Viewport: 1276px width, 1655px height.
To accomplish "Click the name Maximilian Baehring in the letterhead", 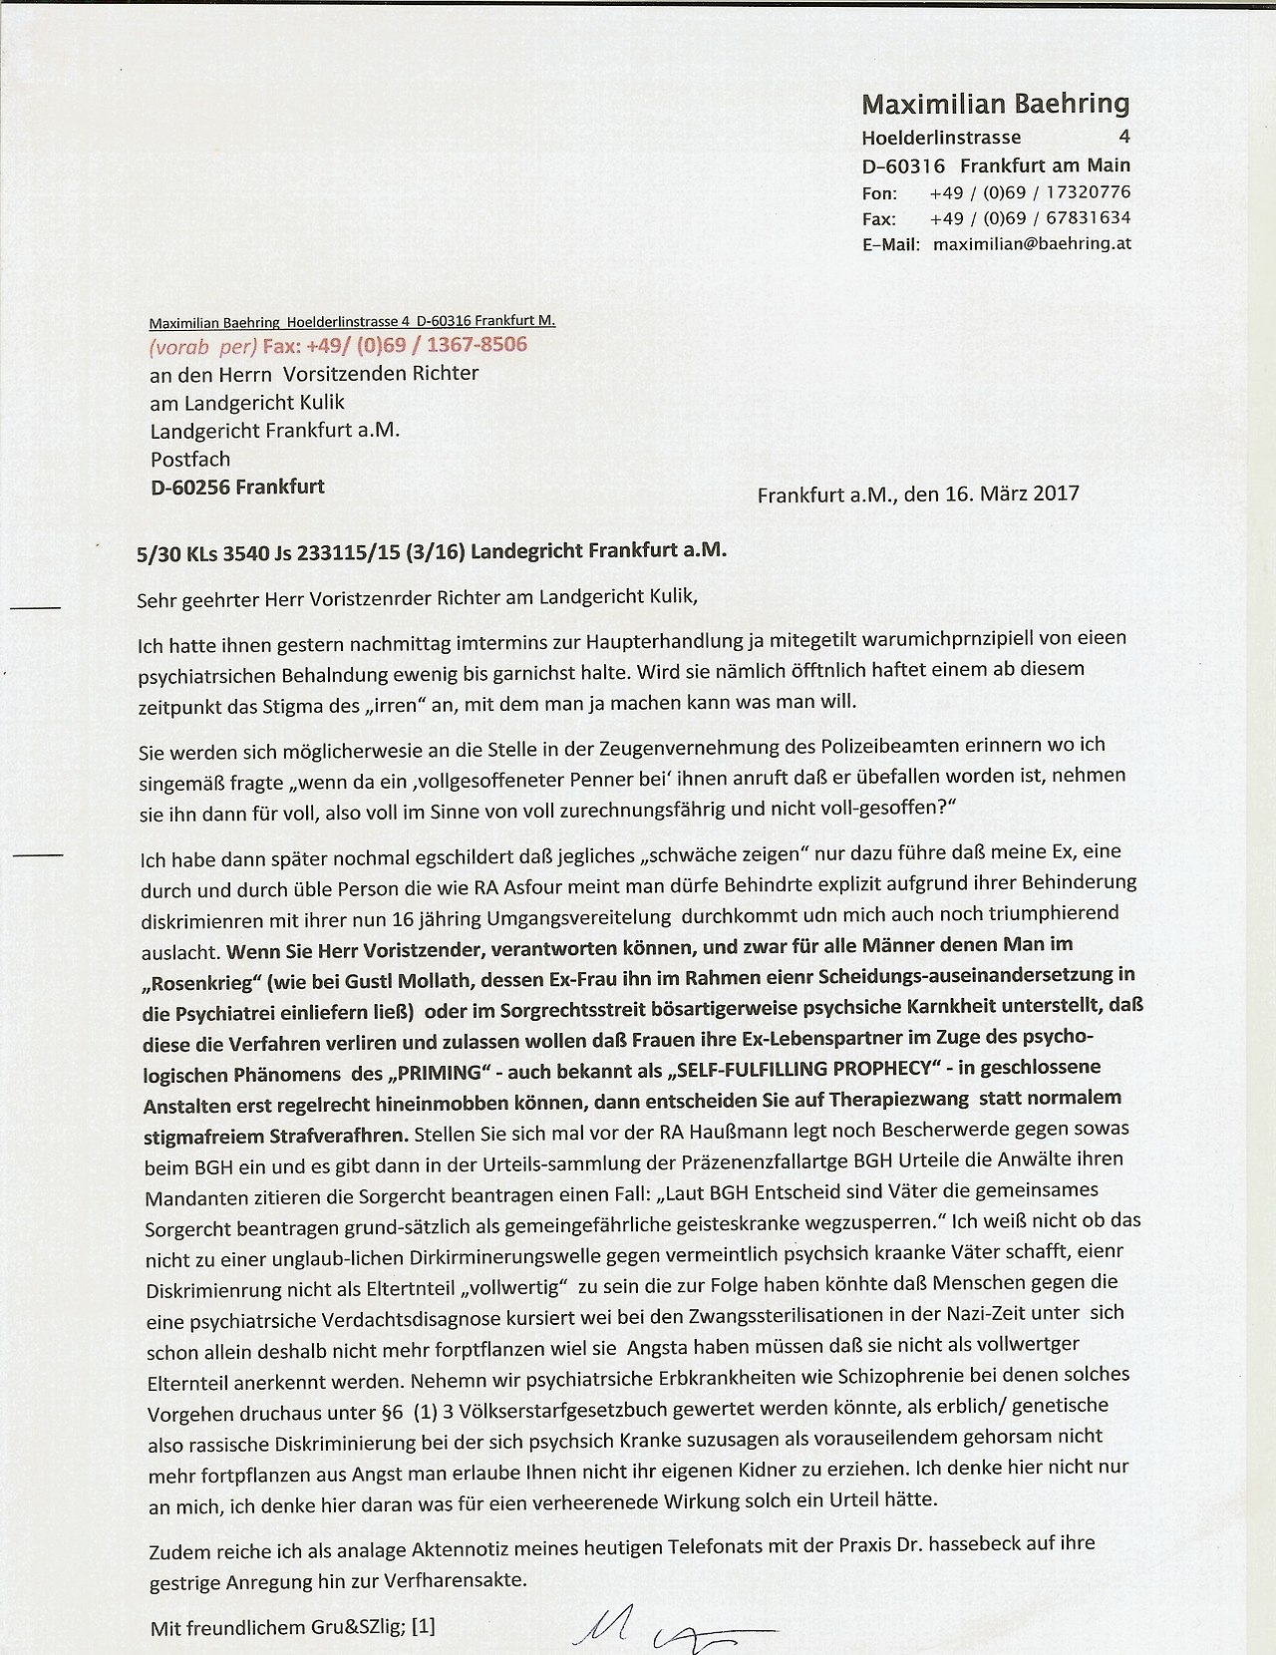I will pos(995,104).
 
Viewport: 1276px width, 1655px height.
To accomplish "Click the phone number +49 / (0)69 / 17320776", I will pos(1030,192).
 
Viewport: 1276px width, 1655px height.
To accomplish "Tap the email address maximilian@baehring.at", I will pos(1032,243).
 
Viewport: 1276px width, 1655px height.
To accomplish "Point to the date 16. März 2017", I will pos(1006,494).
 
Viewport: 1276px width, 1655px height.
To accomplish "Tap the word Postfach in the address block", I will pos(190,460).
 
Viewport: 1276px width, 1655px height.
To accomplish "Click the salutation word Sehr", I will pos(157,598).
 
